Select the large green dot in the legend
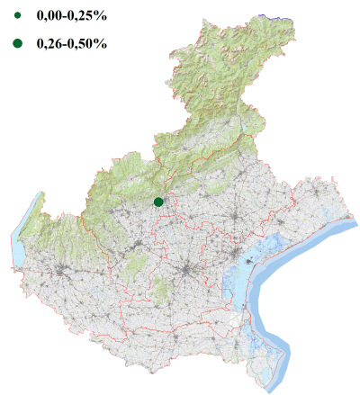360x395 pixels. [17, 43]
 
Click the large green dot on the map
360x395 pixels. [158, 202]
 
